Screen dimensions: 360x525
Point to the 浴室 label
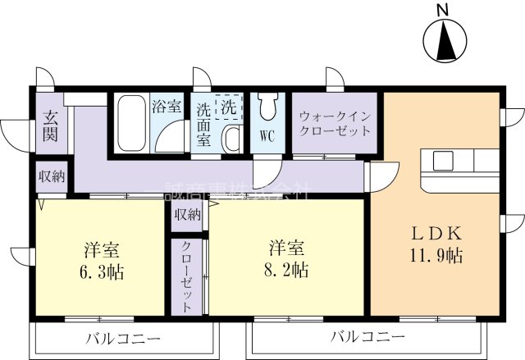click(x=167, y=107)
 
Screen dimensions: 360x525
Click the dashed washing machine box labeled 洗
click(x=229, y=107)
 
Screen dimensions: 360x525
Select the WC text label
click(x=267, y=134)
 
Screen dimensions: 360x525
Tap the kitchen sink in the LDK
click(x=442, y=159)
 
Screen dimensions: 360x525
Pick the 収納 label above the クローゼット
click(x=186, y=215)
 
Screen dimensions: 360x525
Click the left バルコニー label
click(x=122, y=338)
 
